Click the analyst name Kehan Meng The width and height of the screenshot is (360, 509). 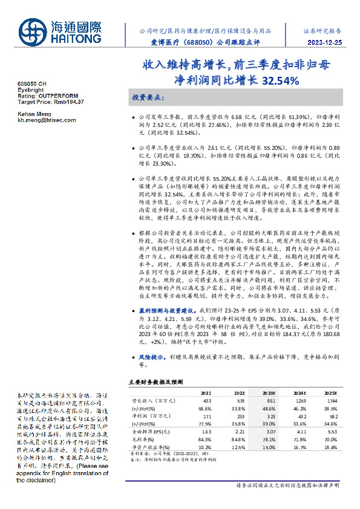[x=33, y=114]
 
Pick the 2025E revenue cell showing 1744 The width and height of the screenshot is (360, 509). [x=330, y=400]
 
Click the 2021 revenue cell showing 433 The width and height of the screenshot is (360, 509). [x=208, y=400]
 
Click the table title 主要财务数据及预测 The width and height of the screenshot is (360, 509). [x=155, y=382]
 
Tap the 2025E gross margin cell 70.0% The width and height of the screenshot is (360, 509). [x=330, y=439]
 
